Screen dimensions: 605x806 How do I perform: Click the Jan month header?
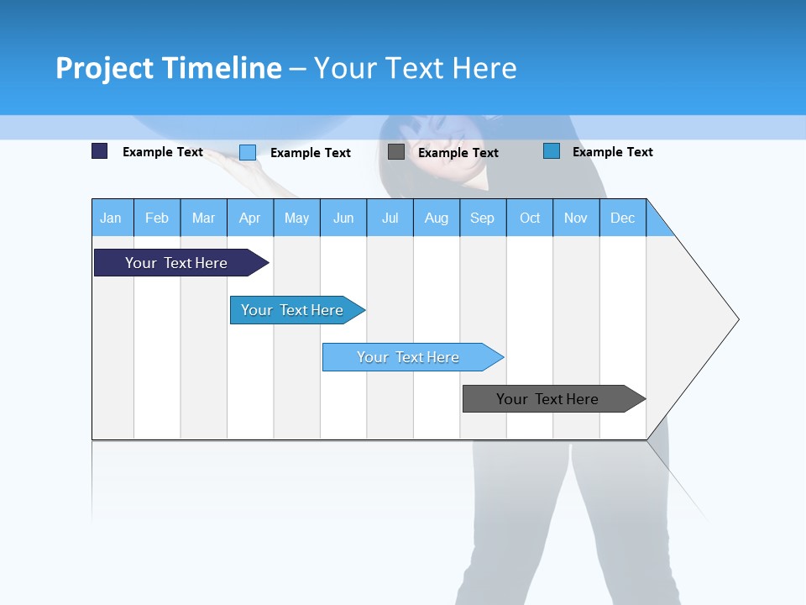112,218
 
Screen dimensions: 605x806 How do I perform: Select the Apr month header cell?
250,218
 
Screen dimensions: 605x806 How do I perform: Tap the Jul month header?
390,218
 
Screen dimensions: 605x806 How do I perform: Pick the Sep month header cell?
483,218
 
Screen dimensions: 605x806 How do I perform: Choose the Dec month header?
622,218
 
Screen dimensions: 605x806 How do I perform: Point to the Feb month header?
157,218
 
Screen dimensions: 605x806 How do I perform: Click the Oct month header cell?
530,218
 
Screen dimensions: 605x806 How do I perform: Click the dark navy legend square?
100,151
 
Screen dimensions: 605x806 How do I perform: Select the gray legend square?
396,152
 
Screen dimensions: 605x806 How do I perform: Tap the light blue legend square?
248,152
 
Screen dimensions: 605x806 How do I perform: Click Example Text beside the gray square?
458,153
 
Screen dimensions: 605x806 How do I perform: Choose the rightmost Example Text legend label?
612,152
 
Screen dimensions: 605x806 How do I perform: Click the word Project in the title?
104,68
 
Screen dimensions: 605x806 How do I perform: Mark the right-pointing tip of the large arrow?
736,319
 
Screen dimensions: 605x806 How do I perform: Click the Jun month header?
343,218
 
